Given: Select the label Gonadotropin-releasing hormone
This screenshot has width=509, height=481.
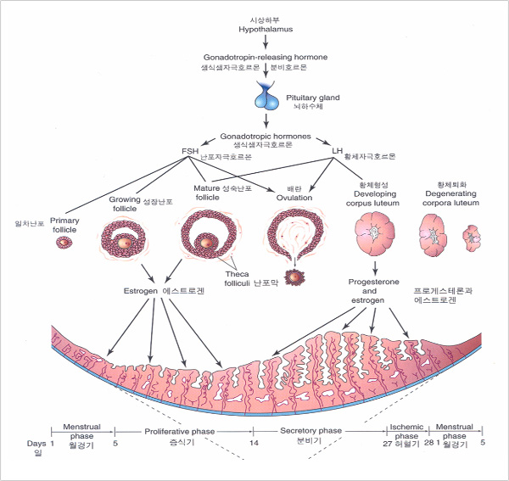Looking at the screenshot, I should tap(265, 57).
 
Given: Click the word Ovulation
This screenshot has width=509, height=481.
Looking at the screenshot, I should tap(294, 198).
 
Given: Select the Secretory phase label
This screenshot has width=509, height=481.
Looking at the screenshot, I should tap(310, 431).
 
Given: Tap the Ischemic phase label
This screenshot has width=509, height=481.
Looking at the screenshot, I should tap(406, 431).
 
